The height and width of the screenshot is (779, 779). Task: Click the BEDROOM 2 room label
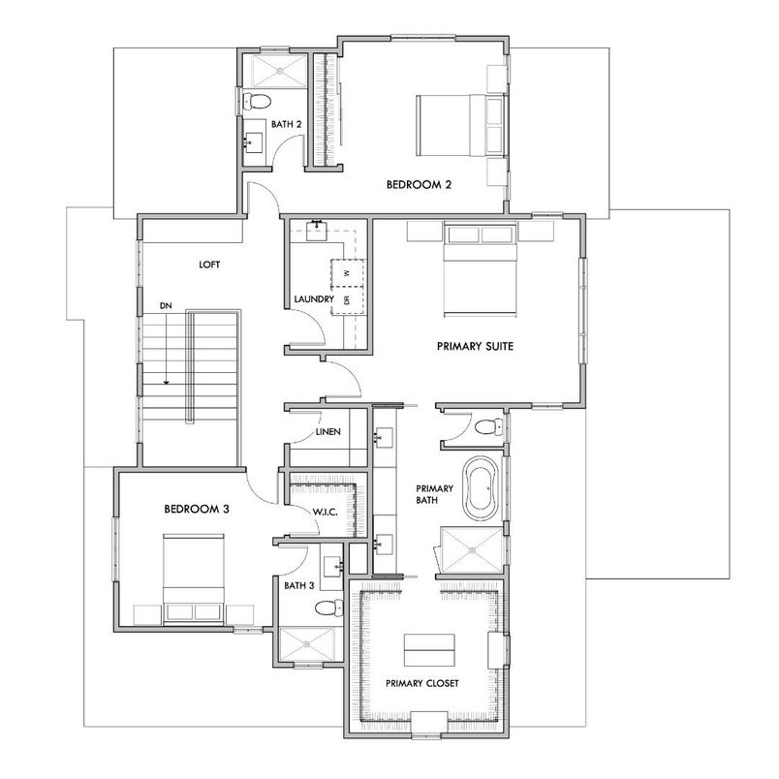(x=419, y=184)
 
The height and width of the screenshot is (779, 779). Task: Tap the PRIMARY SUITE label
(x=474, y=345)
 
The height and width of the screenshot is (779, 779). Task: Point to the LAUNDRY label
(x=314, y=299)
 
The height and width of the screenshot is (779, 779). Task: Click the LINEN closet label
(x=327, y=432)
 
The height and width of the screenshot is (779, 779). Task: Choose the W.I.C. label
(x=324, y=512)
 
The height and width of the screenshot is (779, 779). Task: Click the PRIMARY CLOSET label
(x=421, y=683)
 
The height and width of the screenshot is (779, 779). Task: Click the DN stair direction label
(x=167, y=305)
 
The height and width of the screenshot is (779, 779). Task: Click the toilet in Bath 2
(x=258, y=102)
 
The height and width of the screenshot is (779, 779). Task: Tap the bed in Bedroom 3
(x=194, y=576)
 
